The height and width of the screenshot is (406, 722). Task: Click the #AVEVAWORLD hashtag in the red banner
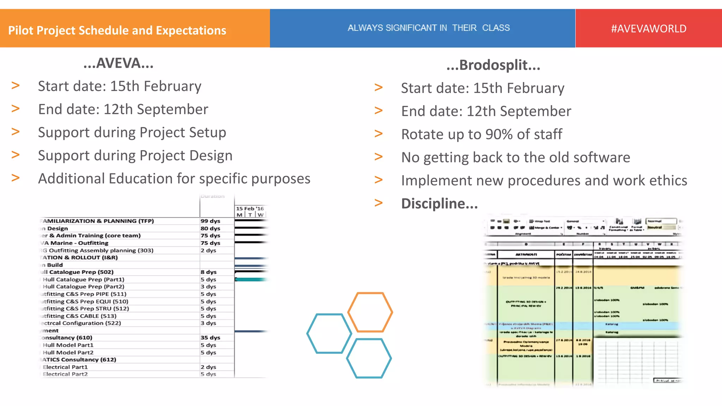point(648,29)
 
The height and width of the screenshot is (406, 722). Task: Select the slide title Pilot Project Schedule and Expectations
point(117,31)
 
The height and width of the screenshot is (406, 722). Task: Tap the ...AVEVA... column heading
point(118,63)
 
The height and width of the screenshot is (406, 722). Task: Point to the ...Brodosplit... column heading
point(493,65)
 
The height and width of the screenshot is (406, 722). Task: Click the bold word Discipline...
point(439,204)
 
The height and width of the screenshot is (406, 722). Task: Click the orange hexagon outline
point(370,312)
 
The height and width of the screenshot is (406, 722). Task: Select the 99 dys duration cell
point(210,221)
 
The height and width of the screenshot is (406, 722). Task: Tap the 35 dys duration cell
point(210,338)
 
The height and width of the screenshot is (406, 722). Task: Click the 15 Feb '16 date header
point(250,209)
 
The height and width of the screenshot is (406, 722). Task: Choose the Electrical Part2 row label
point(65,374)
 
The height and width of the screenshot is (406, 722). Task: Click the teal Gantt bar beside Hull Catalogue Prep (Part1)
point(251,279)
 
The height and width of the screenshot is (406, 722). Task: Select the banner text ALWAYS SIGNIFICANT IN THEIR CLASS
point(429,28)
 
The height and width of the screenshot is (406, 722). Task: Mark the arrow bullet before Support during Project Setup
point(16,131)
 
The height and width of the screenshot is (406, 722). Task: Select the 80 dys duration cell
point(210,228)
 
